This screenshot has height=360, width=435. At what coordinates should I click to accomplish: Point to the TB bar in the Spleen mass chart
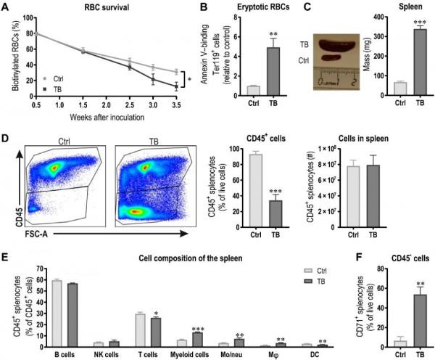[x=420, y=62]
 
